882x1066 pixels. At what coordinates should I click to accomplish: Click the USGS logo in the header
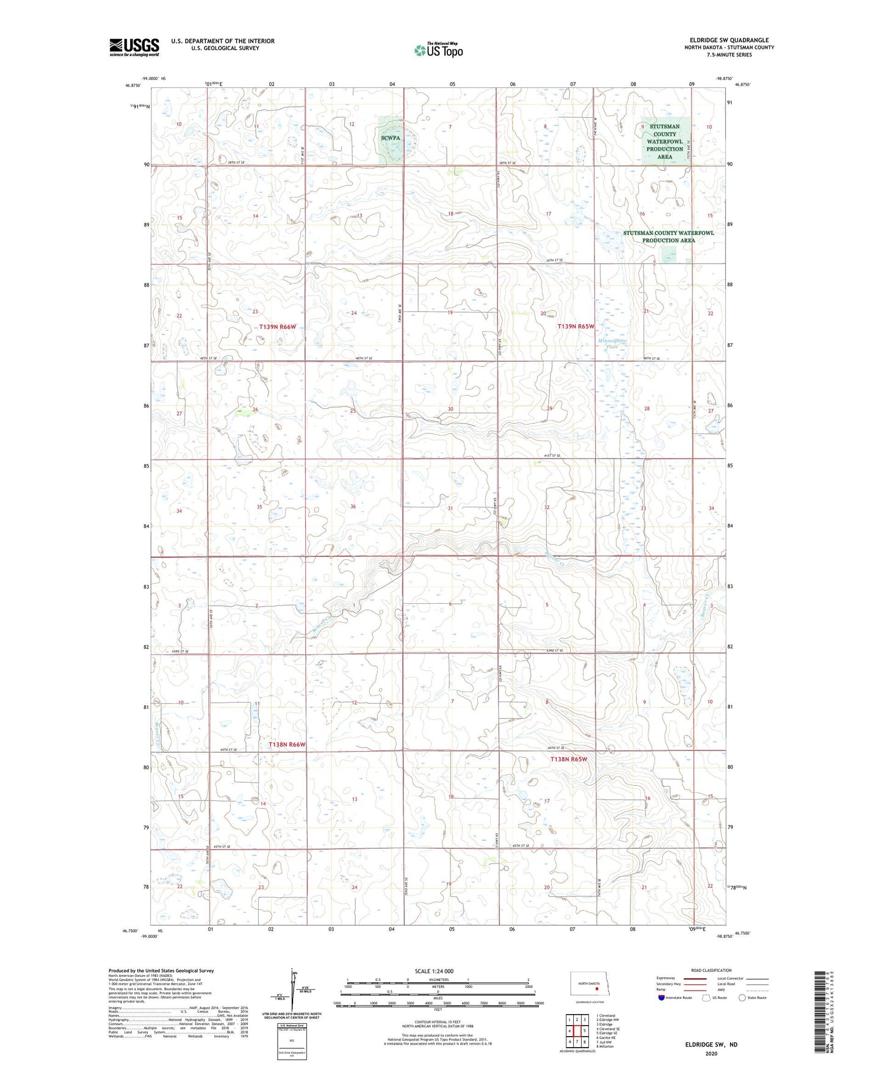(x=134, y=47)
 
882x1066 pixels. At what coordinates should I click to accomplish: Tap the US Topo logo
(x=438, y=50)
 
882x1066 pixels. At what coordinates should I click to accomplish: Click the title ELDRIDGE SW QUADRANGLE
(x=726, y=40)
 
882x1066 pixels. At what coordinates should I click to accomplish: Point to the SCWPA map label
(x=391, y=138)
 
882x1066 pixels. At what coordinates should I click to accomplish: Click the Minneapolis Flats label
(x=612, y=344)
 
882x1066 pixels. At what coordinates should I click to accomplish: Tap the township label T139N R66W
(x=278, y=327)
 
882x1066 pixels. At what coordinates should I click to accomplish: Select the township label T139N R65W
(x=576, y=327)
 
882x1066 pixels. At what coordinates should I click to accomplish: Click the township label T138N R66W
(x=287, y=745)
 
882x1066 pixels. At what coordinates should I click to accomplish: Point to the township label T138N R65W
(x=568, y=760)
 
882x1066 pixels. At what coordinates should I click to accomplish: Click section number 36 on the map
(x=353, y=507)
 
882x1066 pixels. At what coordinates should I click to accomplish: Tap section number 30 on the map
(x=450, y=409)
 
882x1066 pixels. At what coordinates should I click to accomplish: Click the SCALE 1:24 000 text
(x=434, y=971)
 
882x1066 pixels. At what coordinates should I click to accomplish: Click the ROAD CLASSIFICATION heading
(x=711, y=970)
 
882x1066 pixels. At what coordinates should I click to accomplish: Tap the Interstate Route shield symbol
(x=662, y=998)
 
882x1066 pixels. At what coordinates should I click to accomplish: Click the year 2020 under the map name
(x=711, y=1053)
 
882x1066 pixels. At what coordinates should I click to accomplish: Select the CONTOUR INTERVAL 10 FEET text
(x=433, y=1022)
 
